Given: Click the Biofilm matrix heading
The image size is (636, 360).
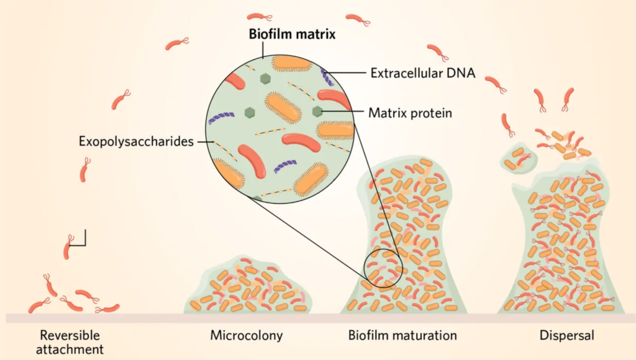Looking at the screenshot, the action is coord(292,34).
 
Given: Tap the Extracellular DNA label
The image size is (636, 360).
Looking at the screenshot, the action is coord(422,73).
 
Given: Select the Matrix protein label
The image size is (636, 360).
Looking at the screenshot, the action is coord(410,113).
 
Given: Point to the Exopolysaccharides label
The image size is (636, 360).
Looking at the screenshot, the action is coord(136,142).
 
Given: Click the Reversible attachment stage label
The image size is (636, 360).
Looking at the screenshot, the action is coord(70,342).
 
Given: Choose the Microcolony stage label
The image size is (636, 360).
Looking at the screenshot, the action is coord(246,336).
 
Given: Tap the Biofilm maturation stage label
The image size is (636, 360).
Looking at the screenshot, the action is coord(402,336).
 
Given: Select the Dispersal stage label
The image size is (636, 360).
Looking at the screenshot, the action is coord(566,336).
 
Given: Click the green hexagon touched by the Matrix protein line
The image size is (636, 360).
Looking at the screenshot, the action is coord(317,110).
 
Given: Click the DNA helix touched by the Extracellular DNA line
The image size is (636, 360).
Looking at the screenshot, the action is coord(327,77).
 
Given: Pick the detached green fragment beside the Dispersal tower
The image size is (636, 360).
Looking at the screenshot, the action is coord(518,157).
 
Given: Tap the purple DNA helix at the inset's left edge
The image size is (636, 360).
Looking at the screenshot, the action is coord(221,118).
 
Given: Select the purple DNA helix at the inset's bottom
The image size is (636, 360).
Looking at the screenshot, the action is coord(285,166).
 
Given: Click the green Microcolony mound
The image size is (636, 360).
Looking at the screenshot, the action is coord(248,286).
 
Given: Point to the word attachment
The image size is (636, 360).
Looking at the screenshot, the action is coord(70,349).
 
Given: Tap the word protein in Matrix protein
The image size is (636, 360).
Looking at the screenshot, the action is coord(430,113).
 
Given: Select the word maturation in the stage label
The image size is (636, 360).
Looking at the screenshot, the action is coord(425,336).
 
